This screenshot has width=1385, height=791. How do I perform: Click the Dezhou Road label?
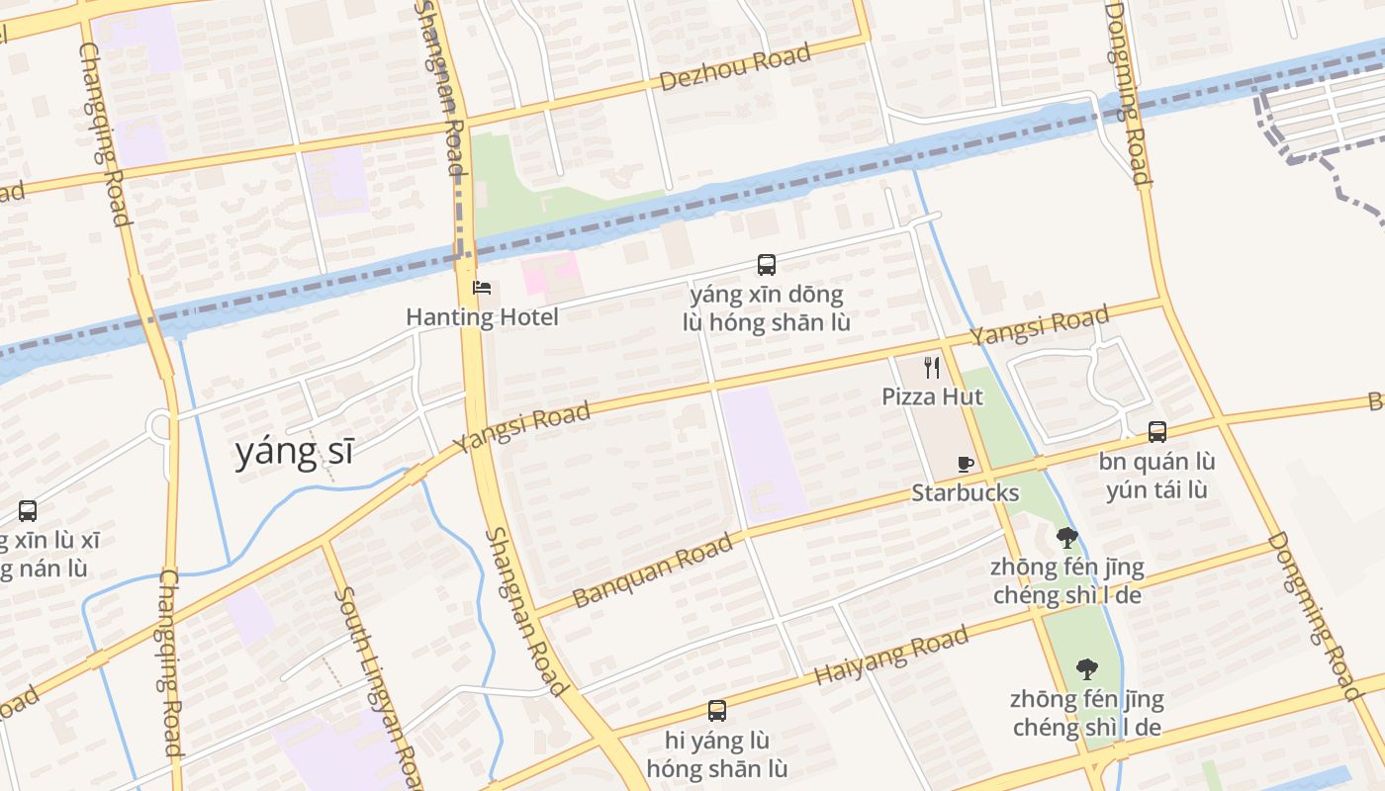[x=734, y=66]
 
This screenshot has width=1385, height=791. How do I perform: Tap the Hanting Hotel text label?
[x=482, y=317]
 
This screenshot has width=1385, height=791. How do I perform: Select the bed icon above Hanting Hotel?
[x=483, y=289]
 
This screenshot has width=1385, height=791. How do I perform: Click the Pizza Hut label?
[x=932, y=396]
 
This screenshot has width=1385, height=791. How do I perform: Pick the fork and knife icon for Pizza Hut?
[x=931, y=368]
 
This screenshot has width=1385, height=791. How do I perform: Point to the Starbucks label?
[x=965, y=492]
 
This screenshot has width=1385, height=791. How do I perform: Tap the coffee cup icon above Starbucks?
[x=966, y=464]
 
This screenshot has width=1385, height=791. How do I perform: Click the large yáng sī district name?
[x=294, y=452]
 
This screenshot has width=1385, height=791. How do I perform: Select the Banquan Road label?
[x=653, y=570]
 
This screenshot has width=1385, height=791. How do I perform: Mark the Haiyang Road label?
[x=890, y=656]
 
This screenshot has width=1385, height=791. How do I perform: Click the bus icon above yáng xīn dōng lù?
[x=766, y=265]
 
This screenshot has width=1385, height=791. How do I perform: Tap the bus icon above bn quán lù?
[x=1156, y=432]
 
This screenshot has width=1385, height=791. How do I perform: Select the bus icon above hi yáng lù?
[x=716, y=711]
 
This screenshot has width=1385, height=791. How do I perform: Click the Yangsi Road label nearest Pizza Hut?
[x=1039, y=326]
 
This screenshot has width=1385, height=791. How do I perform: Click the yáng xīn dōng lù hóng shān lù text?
[x=766, y=308]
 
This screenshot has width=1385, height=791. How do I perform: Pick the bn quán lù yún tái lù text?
[x=1156, y=476]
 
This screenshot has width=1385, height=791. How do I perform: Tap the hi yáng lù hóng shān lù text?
[x=716, y=754]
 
